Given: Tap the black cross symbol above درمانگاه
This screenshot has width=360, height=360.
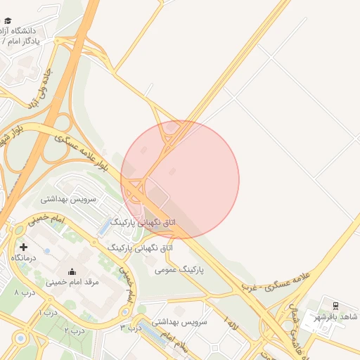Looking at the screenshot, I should point(23,247).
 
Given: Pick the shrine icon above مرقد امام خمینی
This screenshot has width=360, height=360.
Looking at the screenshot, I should point(71,271).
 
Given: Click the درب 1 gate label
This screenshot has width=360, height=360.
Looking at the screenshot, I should point(49,312).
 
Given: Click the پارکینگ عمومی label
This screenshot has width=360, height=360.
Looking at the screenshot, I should point(179,269).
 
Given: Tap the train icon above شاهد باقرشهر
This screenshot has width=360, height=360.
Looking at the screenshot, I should point(335,304).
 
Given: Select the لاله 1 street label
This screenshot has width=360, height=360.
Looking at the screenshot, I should point(231,321).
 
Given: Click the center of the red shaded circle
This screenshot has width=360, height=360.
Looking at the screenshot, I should point(180,179).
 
